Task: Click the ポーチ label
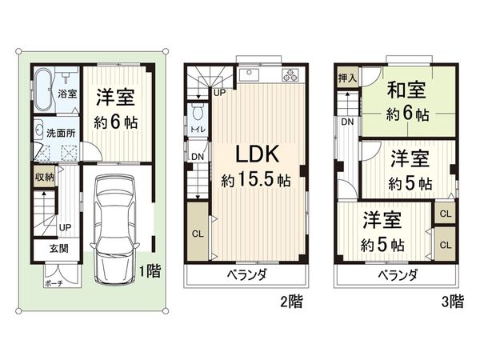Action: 54,282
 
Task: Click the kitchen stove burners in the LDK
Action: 288,76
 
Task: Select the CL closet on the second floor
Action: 197,234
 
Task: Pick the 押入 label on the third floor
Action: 346,79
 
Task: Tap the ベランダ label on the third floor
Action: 394,275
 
